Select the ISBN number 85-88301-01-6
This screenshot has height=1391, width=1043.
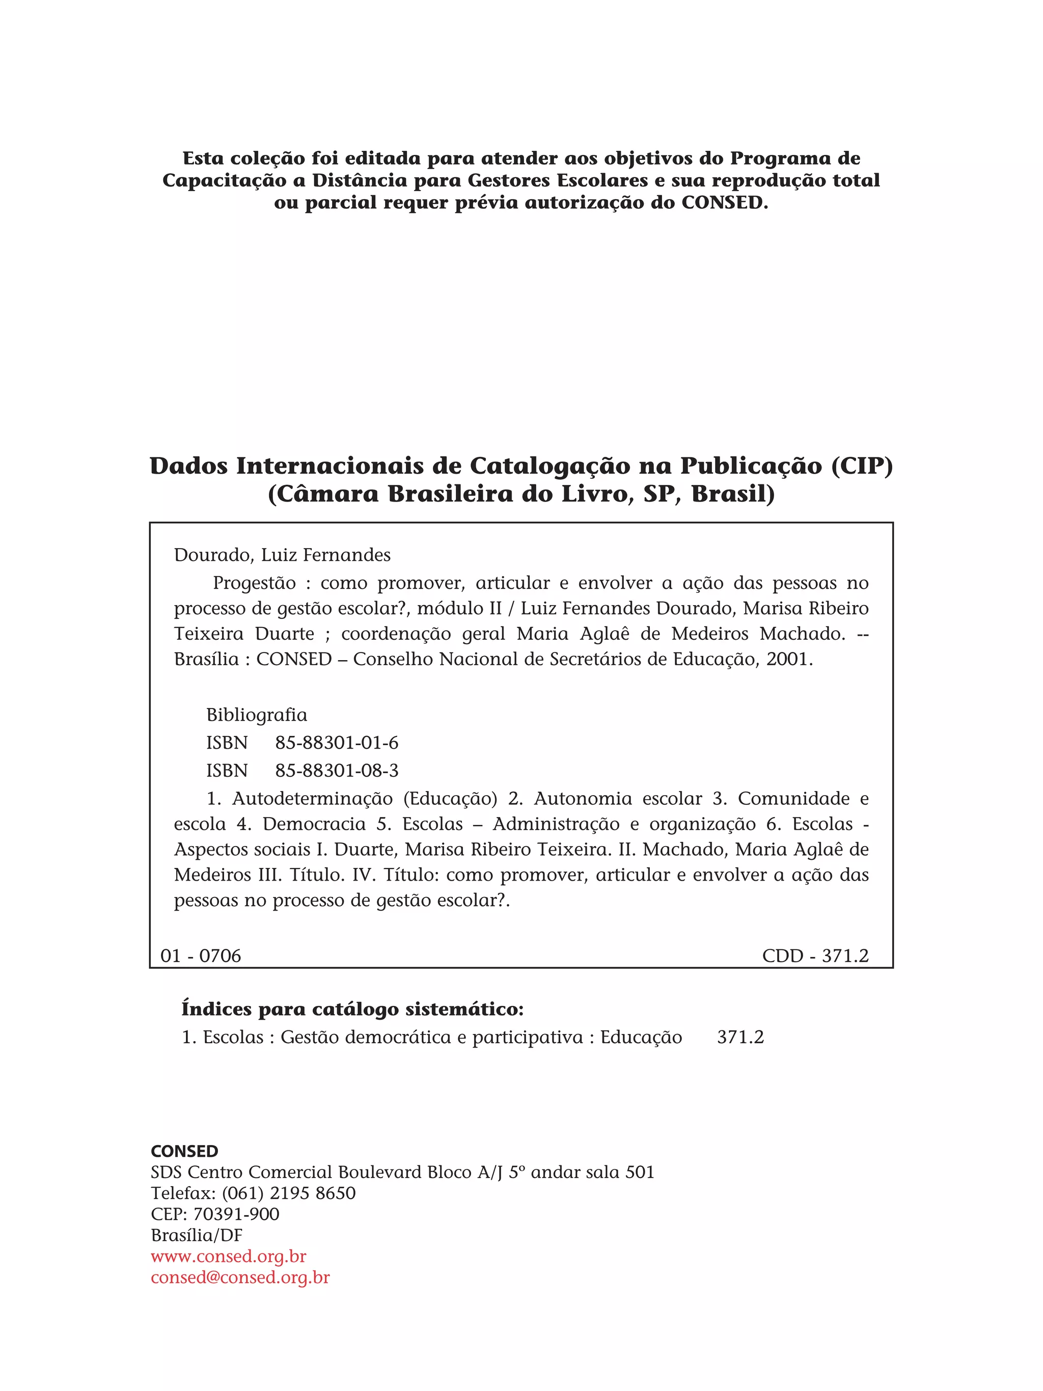tap(336, 743)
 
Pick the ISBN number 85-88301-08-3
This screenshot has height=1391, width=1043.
tap(336, 770)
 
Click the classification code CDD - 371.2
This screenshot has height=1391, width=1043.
tap(815, 956)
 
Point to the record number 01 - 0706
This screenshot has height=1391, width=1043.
tap(201, 956)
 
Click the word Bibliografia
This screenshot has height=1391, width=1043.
tap(257, 715)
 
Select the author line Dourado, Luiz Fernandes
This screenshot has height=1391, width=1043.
tap(282, 555)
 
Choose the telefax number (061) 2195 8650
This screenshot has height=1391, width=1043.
tap(289, 1193)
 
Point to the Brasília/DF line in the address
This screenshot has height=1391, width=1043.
tap(197, 1236)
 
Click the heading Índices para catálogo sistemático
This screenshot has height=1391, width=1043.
tap(352, 1010)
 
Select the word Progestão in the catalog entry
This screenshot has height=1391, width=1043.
tap(254, 583)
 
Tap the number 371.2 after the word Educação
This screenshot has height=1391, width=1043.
tap(740, 1037)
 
